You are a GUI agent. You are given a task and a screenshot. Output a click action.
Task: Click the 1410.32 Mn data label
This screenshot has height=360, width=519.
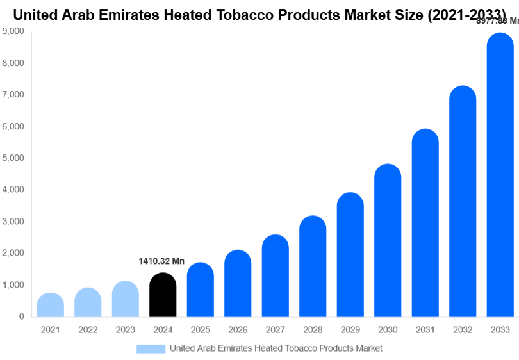tap(161, 261)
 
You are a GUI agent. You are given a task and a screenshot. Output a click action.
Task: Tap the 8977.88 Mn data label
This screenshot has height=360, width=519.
tap(498, 21)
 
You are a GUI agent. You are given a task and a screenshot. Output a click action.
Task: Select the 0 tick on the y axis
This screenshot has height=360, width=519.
tap(21, 316)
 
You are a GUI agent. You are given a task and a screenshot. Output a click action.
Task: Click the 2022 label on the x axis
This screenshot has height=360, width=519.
tap(88, 330)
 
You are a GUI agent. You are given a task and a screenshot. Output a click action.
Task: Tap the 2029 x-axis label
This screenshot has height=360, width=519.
tap(350, 330)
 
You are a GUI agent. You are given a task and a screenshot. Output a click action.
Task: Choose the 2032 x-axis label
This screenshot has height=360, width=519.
tap(463, 330)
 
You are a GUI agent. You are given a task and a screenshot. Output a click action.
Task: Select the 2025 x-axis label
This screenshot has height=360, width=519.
tap(200, 330)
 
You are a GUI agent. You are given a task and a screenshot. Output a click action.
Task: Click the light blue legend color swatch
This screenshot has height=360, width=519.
tap(151, 348)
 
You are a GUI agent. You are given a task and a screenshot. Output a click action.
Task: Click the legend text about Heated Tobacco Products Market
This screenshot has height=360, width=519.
tap(276, 348)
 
